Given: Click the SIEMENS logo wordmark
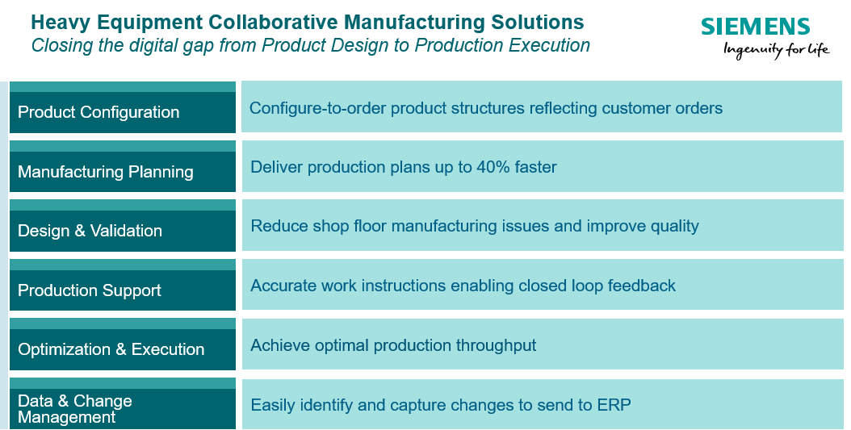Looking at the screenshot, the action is (x=755, y=27).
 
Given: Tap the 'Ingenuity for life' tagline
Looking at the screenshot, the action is (x=776, y=50).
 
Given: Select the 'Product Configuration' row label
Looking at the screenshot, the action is (x=99, y=112).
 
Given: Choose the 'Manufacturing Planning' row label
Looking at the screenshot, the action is (x=105, y=172).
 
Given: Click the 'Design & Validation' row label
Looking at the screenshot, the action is (x=90, y=231).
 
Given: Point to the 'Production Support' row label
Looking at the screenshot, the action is (x=89, y=290).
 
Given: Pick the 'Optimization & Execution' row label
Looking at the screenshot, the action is (x=111, y=349).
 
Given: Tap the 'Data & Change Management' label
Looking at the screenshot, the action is (x=74, y=409).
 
